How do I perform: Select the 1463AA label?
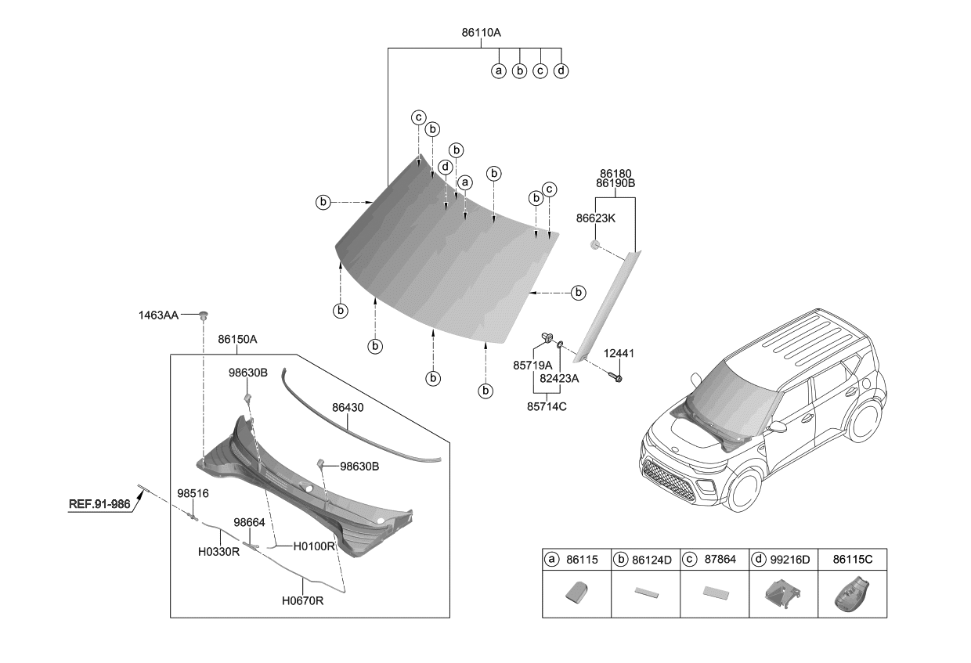coord(160,315)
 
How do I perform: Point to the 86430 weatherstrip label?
coord(348,408)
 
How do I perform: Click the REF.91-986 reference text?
coord(99,504)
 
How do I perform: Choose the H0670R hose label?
coord(302,601)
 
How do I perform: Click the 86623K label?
coord(595,219)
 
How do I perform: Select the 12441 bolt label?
coord(619,354)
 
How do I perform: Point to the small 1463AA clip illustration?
coord(204,315)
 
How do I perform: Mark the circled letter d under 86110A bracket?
coord(561,70)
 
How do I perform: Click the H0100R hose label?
coord(314,546)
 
